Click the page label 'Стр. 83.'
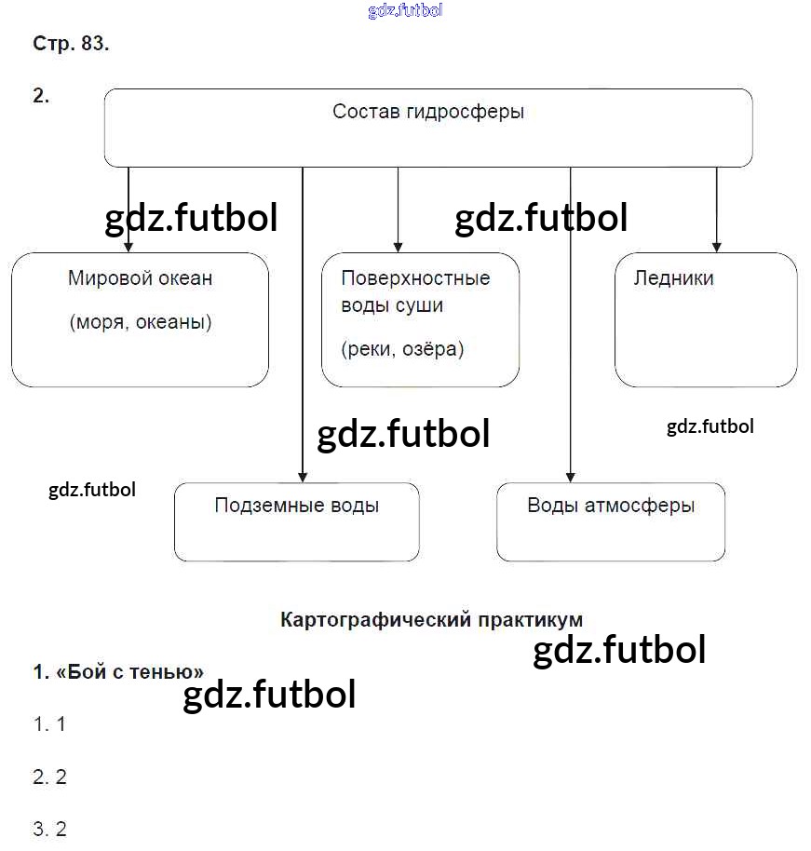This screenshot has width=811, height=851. (x=71, y=44)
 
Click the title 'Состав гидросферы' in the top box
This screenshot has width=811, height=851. (x=428, y=112)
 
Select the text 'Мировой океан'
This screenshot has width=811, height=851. (x=140, y=277)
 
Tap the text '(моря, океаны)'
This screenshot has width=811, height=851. (x=140, y=322)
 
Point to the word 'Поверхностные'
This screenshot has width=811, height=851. (x=415, y=277)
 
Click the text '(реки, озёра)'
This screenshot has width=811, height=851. (x=402, y=349)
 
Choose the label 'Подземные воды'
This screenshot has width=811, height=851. (x=296, y=506)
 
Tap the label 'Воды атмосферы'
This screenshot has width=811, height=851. (x=611, y=506)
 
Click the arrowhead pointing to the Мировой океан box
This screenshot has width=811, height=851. (x=128, y=247)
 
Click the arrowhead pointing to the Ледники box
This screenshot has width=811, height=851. (x=716, y=247)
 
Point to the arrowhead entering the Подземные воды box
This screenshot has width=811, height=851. (x=303, y=476)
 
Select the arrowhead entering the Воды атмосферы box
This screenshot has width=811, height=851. (x=571, y=476)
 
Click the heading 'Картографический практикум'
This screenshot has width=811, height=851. (x=431, y=619)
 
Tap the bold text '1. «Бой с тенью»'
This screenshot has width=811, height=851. (x=118, y=671)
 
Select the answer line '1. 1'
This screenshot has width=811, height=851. (x=49, y=723)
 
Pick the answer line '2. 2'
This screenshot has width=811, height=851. (x=49, y=777)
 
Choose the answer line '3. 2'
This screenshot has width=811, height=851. (x=49, y=829)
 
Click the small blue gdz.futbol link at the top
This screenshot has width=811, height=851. (x=405, y=11)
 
